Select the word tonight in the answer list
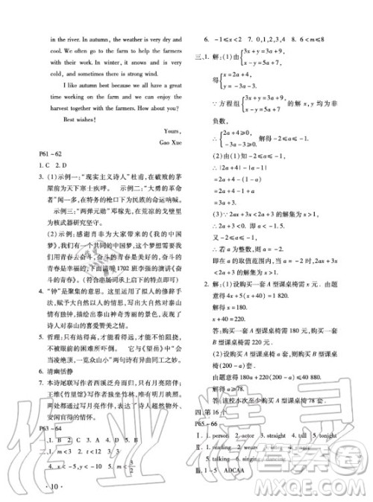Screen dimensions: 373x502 (x=342, y=454)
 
